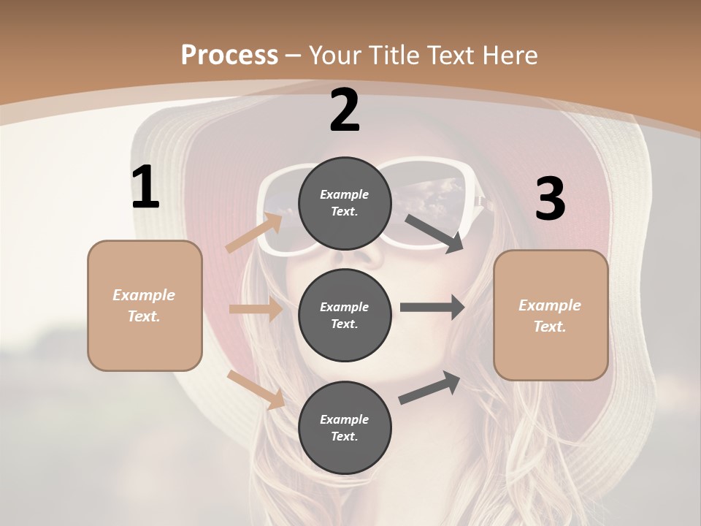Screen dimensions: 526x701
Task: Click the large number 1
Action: pos(145,188)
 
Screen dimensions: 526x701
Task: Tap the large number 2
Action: pos(345,110)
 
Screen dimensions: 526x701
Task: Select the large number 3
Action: pos(551,199)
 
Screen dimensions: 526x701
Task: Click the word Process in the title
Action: pos(229,55)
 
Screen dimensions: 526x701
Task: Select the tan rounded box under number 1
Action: pos(145,305)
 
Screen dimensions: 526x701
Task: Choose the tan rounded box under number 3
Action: pos(551,315)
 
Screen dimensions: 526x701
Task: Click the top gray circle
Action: pos(345,203)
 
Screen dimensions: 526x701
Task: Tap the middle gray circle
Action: pos(345,315)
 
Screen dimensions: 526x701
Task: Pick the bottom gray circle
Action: pos(345,427)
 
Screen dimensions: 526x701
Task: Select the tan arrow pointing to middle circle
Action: pos(256,309)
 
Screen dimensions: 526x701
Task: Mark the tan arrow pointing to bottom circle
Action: pos(256,389)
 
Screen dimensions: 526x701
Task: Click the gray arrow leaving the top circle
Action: pos(434,233)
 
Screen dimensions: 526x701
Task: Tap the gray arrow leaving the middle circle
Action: pos(432,308)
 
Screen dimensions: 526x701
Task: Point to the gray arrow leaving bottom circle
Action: pos(429,387)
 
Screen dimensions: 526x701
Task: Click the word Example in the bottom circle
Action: pos(345,419)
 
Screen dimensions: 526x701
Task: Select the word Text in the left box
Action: pos(144,316)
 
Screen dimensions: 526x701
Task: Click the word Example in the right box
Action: pos(550,305)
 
